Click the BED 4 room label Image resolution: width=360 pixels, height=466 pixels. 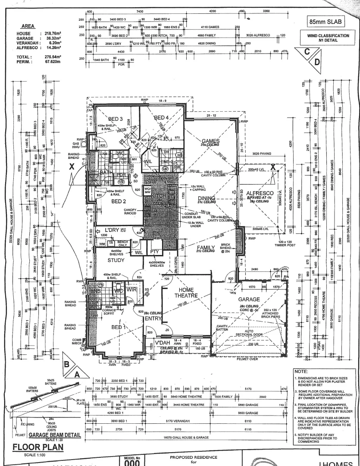tap(161, 117)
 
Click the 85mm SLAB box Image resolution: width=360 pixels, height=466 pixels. tap(329, 20)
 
